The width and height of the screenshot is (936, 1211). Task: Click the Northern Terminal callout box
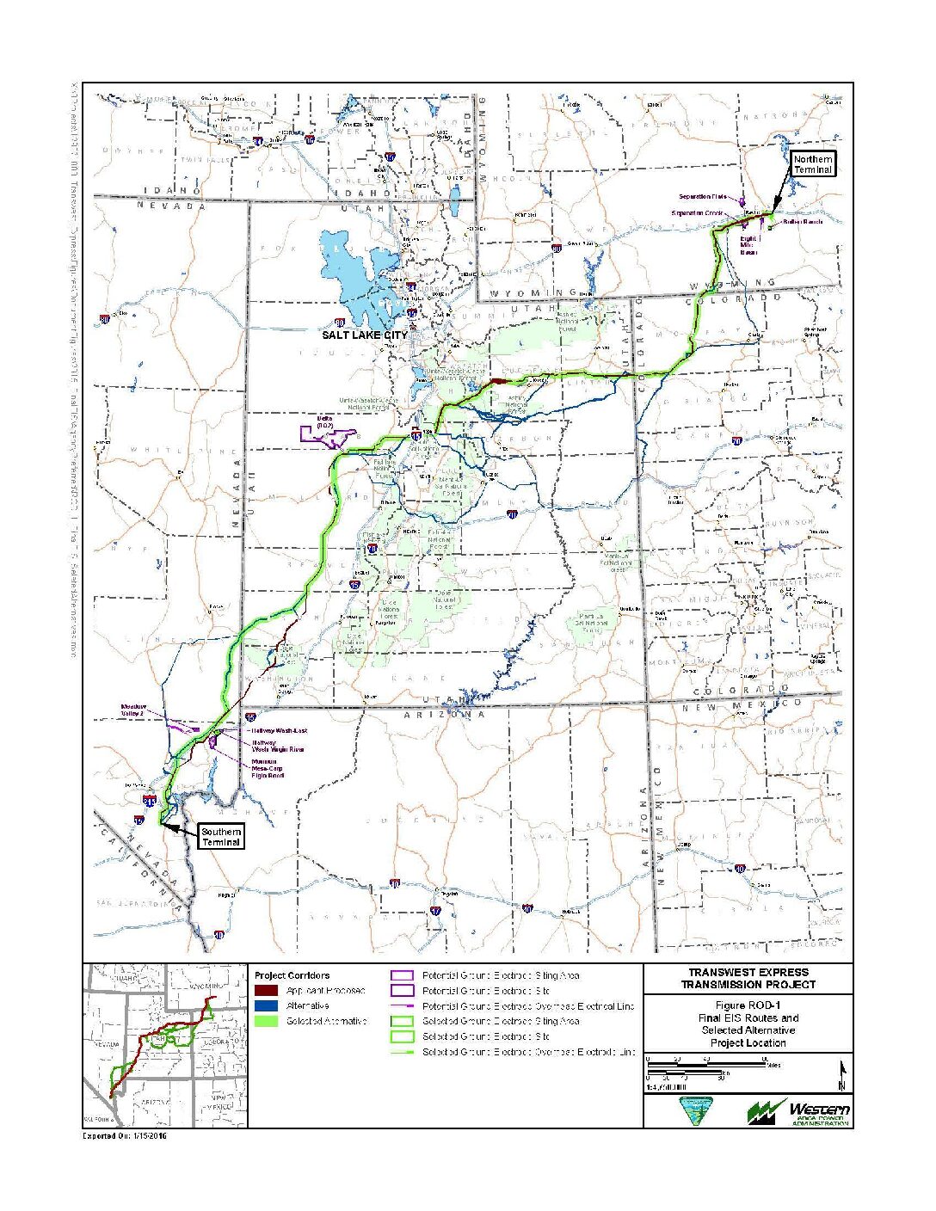[x=812, y=165]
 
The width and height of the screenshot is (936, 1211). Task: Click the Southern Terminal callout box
[x=220, y=836]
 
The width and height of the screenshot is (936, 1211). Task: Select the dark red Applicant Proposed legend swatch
[x=266, y=991]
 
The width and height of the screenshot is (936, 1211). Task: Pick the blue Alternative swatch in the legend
[x=266, y=1005]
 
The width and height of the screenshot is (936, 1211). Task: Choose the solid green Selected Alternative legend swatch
[x=266, y=1021]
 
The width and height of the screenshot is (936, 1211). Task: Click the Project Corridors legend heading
[x=292, y=975]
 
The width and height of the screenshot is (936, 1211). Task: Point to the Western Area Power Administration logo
[x=798, y=1111]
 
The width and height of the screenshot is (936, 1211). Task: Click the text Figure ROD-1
[x=748, y=1005]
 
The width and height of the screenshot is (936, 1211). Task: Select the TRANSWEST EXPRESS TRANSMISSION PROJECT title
[x=748, y=978]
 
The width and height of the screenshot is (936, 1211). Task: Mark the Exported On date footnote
[x=125, y=1136]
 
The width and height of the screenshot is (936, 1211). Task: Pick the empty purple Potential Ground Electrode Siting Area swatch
[x=402, y=976]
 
